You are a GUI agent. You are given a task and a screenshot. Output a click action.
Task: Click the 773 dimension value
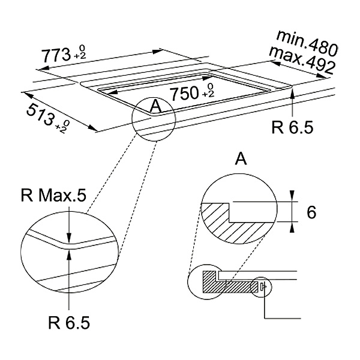[x=56, y=55]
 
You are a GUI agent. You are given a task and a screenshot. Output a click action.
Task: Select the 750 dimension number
[x=184, y=94]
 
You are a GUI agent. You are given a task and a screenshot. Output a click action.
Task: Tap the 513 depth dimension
[x=40, y=115]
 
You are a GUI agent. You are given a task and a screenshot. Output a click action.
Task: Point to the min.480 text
[x=307, y=43]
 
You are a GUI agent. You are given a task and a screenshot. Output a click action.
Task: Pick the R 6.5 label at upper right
[x=292, y=127]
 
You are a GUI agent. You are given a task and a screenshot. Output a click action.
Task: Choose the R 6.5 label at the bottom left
[x=69, y=323]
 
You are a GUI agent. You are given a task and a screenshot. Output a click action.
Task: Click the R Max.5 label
[x=53, y=196]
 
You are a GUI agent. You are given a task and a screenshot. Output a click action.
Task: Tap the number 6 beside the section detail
[x=311, y=212]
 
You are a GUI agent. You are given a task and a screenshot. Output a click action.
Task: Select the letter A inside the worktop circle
[x=155, y=106]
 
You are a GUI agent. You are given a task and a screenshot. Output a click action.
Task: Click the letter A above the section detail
[x=241, y=159]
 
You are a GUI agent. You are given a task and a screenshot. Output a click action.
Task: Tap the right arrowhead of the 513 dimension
[x=94, y=128]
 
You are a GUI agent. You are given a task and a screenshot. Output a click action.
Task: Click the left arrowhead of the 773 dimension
[x=44, y=68]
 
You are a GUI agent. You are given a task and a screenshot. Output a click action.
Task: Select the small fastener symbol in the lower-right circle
[x=263, y=287]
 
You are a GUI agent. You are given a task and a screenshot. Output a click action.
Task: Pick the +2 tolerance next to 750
[x=209, y=93]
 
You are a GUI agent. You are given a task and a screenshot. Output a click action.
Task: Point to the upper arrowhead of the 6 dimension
[x=292, y=196]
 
